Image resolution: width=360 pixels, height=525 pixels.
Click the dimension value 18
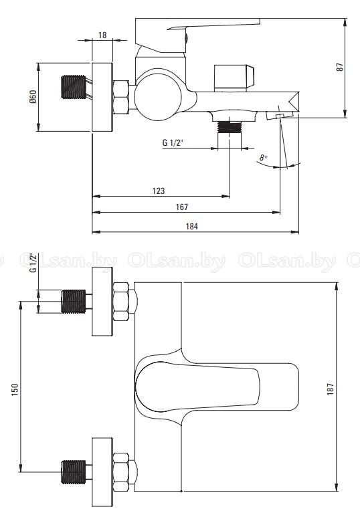[102, 35]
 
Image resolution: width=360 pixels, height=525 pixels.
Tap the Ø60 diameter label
[33, 97]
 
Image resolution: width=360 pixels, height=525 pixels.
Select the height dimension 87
[340, 67]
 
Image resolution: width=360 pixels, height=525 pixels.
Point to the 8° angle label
[264, 157]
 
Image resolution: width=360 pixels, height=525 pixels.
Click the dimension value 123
[159, 191]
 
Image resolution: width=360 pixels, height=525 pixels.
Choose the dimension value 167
[182, 207]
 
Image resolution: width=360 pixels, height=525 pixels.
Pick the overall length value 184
[192, 226]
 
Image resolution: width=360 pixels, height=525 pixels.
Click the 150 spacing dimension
[15, 390]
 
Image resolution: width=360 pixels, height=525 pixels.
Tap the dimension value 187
[331, 389]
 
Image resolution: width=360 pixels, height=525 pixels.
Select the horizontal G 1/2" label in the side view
[173, 143]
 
